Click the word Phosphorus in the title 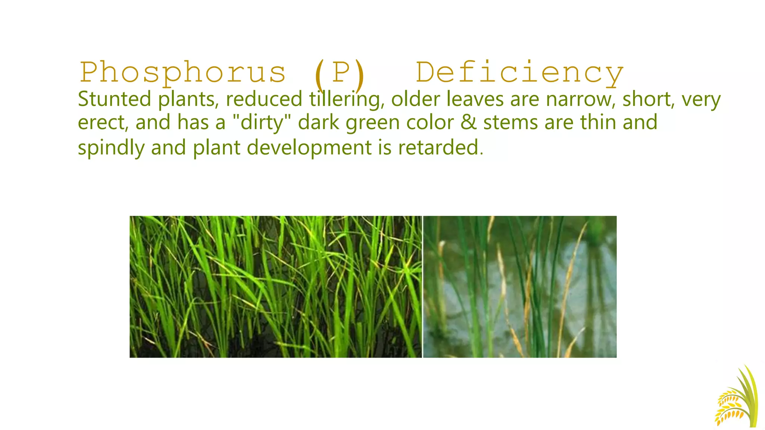(x=183, y=73)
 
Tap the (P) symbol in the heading (x=339, y=73)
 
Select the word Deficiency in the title (x=519, y=73)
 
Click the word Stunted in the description (x=114, y=99)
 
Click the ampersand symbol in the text (x=468, y=122)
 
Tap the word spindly (x=111, y=148)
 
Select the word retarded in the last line (x=440, y=147)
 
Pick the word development (x=309, y=148)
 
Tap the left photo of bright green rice (x=276, y=287)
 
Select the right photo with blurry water (x=520, y=287)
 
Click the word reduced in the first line (x=264, y=99)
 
